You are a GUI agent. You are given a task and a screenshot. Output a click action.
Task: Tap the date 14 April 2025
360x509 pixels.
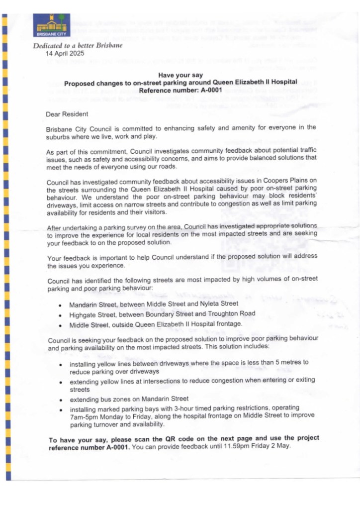(65, 53)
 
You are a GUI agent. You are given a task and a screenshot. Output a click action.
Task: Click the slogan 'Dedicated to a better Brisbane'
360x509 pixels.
(77, 46)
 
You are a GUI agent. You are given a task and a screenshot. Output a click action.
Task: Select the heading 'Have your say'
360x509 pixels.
(180, 75)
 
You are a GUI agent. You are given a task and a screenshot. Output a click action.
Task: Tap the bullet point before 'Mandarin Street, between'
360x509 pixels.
(60, 305)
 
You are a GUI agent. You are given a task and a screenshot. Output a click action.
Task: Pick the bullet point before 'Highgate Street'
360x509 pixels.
(60, 314)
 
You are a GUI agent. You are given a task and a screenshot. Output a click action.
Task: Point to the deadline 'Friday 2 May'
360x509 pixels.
(270, 446)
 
